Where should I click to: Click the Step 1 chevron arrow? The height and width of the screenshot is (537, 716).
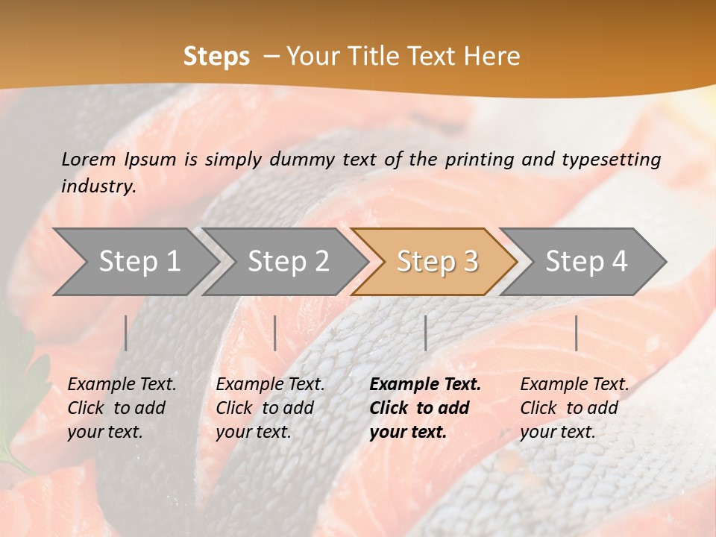[x=138, y=262]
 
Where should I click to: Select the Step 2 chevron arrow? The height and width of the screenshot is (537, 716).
[x=287, y=262]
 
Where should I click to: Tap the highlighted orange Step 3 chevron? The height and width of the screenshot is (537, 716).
[x=436, y=262]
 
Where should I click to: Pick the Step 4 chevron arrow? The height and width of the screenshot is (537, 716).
[x=585, y=262]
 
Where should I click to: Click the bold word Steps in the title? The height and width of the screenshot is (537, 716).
[x=216, y=57]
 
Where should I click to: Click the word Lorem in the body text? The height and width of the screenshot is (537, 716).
[x=89, y=159]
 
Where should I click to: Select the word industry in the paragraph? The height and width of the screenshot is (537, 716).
[x=98, y=186]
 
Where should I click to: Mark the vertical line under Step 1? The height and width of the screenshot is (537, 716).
[x=126, y=333]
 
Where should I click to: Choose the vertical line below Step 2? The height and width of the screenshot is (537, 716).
[x=275, y=333]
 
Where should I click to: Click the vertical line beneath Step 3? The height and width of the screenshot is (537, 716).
[x=425, y=333]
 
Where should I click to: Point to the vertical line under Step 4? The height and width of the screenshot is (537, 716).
[x=576, y=333]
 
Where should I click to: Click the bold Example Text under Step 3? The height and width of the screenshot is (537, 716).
[x=425, y=385]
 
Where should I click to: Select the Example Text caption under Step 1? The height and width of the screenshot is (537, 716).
[x=122, y=385]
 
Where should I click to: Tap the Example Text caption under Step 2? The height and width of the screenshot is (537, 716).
[x=270, y=385]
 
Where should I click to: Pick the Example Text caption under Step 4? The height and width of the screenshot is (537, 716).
[x=574, y=385]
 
